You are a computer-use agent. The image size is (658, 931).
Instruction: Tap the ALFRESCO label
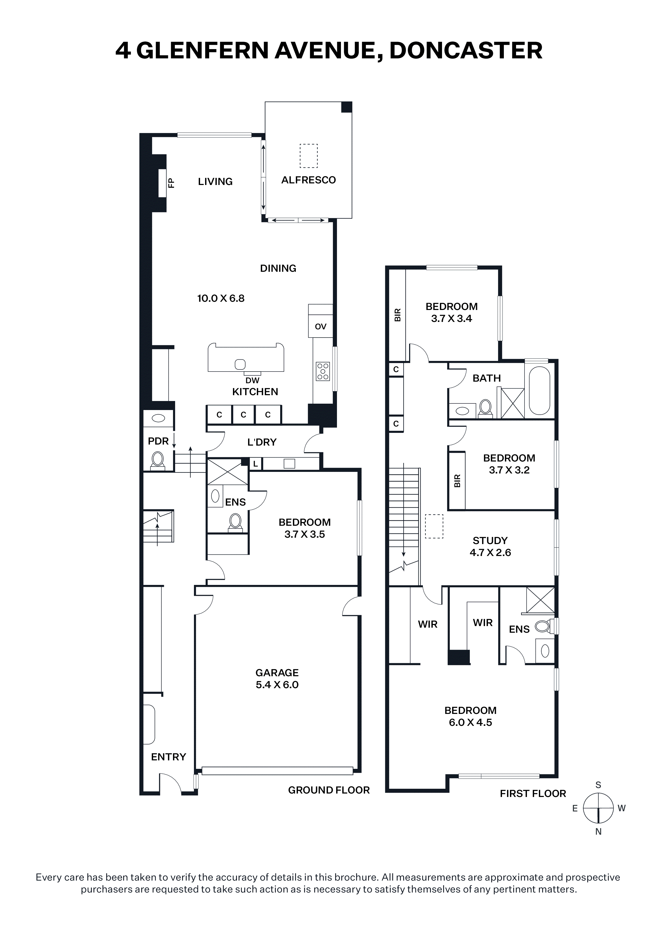click(309, 180)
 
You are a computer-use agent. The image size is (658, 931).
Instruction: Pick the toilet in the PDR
click(158, 461)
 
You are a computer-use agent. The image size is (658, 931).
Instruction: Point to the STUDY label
click(490, 541)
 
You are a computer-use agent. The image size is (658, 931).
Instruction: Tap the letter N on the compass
click(598, 832)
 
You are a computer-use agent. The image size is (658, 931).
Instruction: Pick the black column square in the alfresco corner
click(347, 107)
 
